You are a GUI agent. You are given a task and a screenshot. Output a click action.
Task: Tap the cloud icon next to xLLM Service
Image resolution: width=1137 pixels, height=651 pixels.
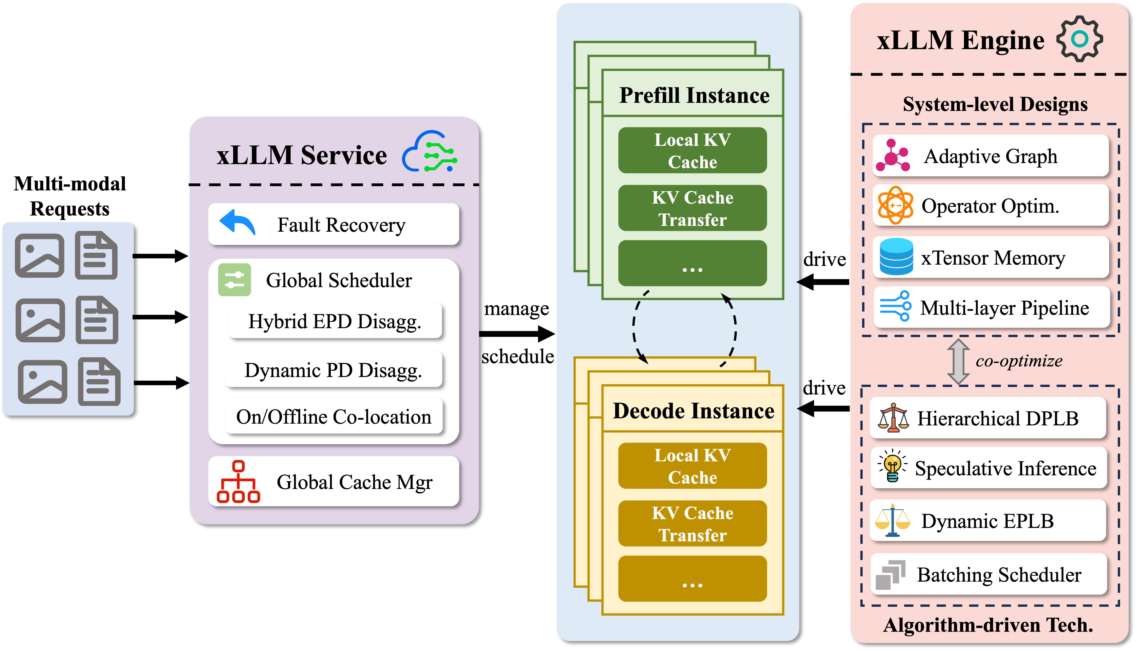click(x=429, y=152)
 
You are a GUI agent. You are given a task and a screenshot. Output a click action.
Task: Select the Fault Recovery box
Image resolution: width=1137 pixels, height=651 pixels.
click(x=334, y=224)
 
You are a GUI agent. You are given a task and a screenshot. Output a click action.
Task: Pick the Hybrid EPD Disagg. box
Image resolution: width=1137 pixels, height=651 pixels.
click(x=335, y=321)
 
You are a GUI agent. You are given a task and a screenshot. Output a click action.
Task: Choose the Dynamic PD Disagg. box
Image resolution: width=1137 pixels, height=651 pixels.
click(x=334, y=370)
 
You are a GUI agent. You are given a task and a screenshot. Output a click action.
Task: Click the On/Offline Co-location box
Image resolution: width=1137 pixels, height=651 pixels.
click(x=334, y=417)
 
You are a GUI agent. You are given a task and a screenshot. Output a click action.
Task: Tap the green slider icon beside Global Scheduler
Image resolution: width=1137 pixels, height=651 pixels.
click(x=234, y=280)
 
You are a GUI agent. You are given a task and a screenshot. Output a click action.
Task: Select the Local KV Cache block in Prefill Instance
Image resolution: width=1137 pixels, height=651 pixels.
click(x=692, y=151)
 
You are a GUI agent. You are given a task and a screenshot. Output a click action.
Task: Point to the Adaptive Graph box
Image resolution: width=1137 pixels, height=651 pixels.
click(x=990, y=156)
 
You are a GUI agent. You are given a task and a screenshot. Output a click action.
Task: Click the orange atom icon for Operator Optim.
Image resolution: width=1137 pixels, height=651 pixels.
click(x=895, y=205)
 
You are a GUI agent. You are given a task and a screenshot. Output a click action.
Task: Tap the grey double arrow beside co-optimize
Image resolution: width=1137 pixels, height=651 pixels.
click(x=958, y=361)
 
